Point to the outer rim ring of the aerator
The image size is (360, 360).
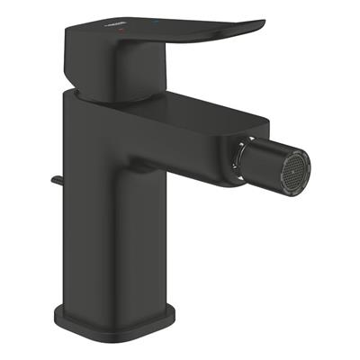306,162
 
